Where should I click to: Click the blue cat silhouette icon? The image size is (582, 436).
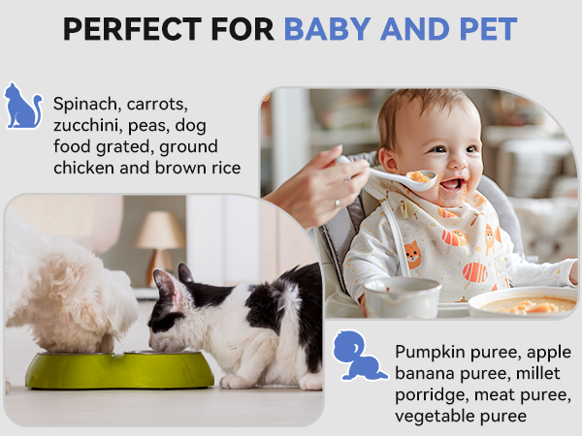coord(22,107)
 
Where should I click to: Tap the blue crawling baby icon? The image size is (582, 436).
coord(359,356)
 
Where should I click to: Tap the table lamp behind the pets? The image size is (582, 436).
coord(158,238)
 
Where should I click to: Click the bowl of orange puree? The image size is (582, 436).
coord(524,305)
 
